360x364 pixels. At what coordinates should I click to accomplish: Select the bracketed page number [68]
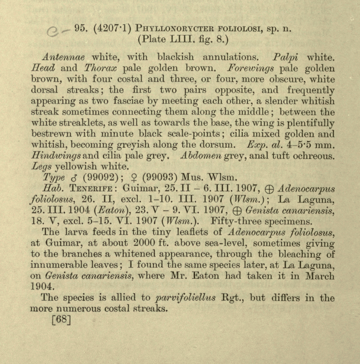tap(62, 320)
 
